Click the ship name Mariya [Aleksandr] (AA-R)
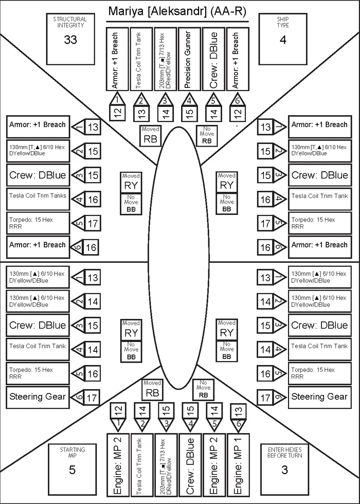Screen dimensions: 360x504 click(177, 11)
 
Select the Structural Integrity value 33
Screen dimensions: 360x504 click(70, 40)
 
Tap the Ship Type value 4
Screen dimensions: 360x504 click(283, 40)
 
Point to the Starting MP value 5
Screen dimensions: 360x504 click(73, 470)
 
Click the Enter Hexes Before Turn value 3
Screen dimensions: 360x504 click(284, 470)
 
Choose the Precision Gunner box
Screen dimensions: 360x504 click(189, 59)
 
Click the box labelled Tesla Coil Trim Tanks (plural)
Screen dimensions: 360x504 click(38, 200)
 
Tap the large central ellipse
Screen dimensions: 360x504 click(178, 258)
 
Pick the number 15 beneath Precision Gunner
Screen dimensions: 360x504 click(190, 113)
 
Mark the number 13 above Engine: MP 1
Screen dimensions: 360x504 click(238, 410)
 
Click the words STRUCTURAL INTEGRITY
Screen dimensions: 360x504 click(70, 22)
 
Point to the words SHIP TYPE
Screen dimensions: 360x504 click(283, 22)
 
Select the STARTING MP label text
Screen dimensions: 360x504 click(73, 453)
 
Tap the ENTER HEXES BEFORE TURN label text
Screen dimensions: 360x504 click(285, 452)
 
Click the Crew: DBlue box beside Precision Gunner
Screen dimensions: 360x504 click(213, 59)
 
